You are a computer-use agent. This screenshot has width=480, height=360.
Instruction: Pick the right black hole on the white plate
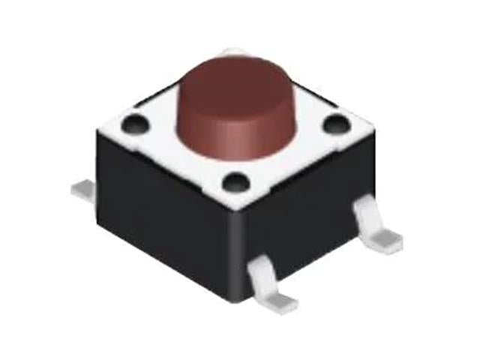(334, 124)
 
